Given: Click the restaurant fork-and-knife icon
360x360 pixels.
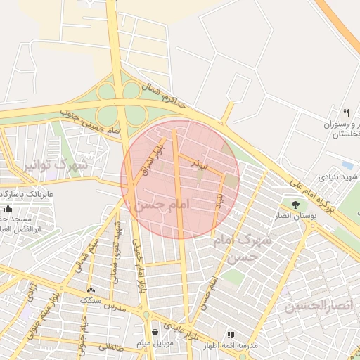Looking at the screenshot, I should coord(345,112).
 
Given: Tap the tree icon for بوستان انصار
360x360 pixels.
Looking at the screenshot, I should coord(295,205).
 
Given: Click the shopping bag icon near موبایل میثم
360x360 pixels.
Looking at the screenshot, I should coord(155,331).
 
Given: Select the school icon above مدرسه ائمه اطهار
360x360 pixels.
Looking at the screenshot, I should coord(230,335).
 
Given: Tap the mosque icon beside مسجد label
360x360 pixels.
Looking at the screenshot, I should coord(8,208).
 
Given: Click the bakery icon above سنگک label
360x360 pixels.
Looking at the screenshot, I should coord(91,289).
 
